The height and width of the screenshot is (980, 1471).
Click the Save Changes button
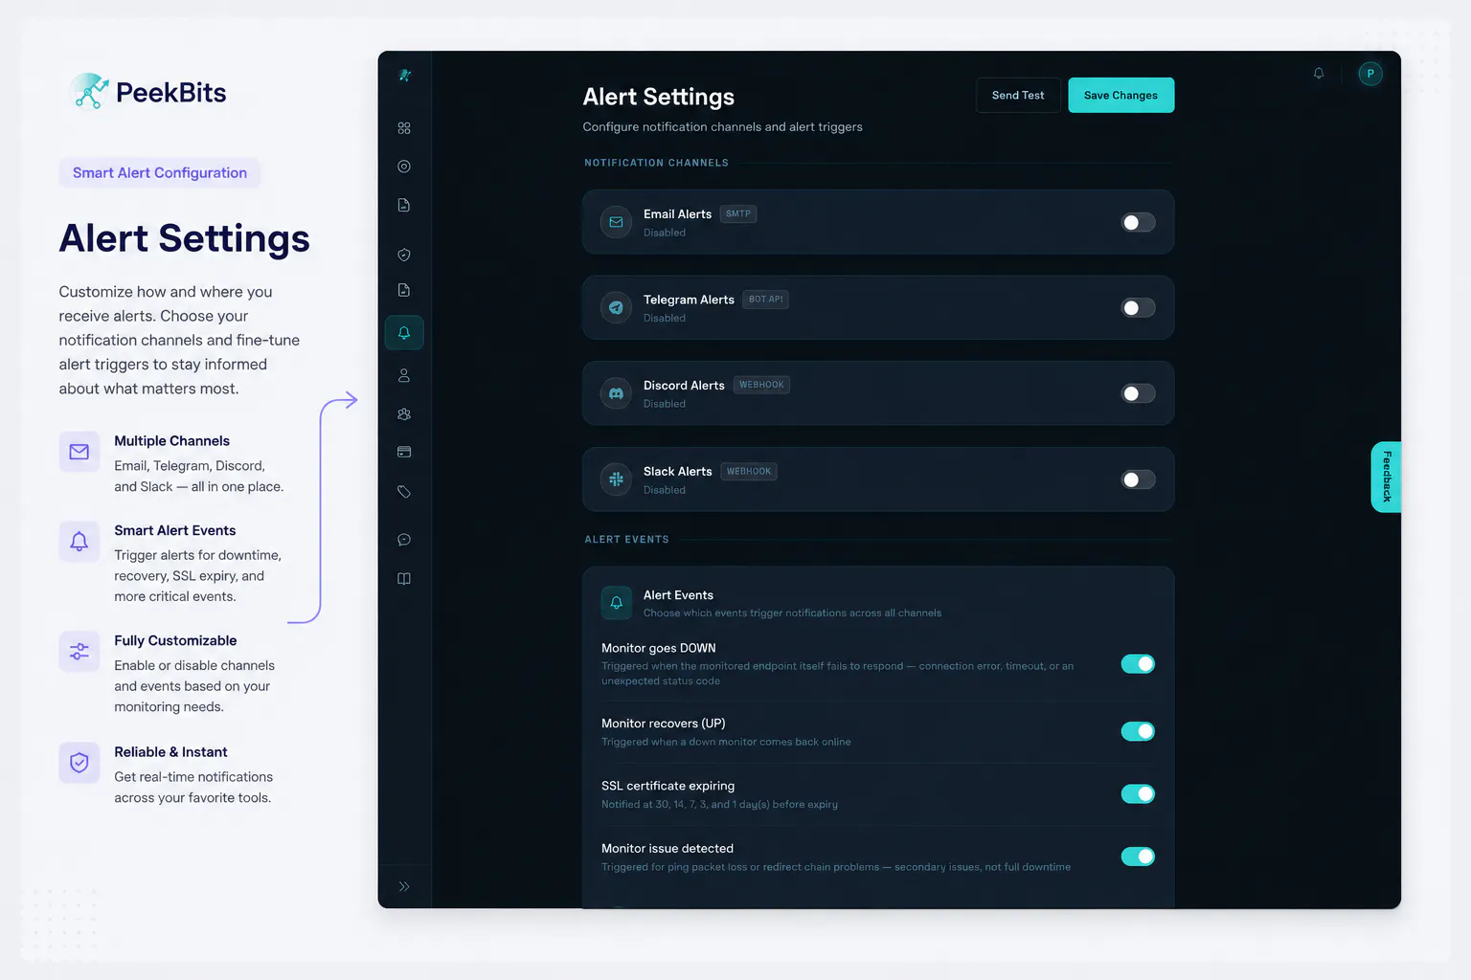click(x=1120, y=95)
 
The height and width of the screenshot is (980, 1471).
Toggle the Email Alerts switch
click(x=1138, y=223)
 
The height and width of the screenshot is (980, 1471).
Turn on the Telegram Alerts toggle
click(x=1138, y=308)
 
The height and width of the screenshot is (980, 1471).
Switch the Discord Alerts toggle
click(x=1138, y=393)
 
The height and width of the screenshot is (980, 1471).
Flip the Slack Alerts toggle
click(x=1138, y=479)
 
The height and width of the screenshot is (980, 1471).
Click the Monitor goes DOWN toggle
click(x=1138, y=663)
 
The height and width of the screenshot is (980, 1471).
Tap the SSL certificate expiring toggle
click(x=1138, y=793)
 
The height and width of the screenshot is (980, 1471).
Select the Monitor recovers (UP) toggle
click(x=1138, y=731)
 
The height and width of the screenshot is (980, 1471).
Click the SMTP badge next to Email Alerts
click(x=738, y=214)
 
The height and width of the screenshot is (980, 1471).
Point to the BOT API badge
click(x=765, y=300)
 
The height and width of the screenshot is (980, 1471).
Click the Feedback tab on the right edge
click(x=1387, y=477)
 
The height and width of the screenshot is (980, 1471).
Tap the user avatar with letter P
click(x=1369, y=74)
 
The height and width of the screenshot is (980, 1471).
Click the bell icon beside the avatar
click(x=1319, y=74)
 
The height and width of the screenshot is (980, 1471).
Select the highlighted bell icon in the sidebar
click(x=404, y=333)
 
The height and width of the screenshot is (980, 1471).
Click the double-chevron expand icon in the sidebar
click(x=404, y=887)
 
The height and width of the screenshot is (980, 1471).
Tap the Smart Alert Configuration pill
click(x=160, y=172)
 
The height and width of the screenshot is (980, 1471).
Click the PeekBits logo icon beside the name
click(x=90, y=91)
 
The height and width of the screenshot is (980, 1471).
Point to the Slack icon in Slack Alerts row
click(x=616, y=479)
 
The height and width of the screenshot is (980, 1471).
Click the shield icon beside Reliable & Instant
click(x=79, y=763)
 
